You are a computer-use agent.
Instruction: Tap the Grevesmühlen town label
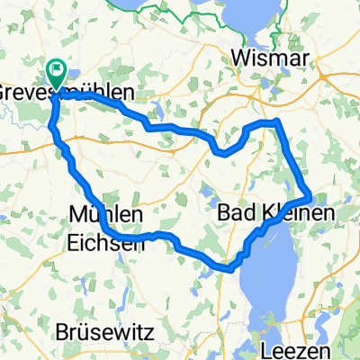coord(67,93)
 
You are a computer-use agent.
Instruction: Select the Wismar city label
coord(270,58)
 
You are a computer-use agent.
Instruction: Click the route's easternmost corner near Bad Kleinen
coord(310,194)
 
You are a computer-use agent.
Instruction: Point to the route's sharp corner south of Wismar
coord(278,121)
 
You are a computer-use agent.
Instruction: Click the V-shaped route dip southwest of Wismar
coord(220,152)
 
